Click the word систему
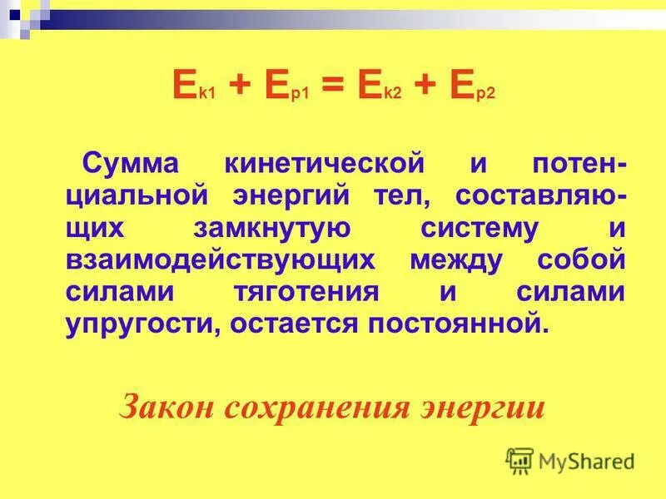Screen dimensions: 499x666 469,229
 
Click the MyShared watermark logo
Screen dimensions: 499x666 570,461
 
